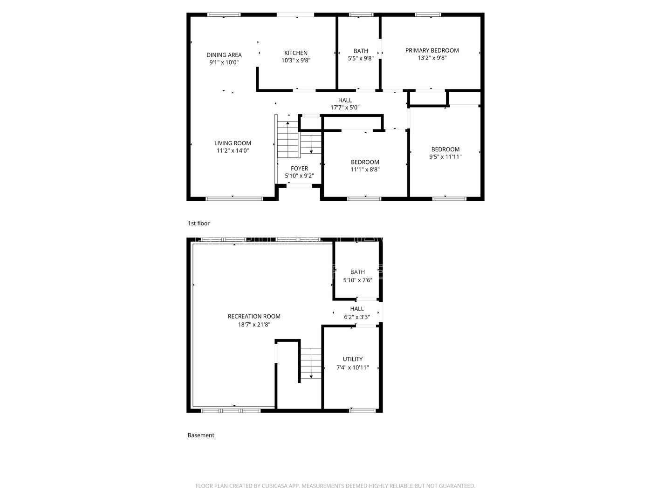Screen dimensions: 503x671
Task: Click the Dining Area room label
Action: coord(224,54)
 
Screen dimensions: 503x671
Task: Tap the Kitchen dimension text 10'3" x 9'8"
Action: coord(295,60)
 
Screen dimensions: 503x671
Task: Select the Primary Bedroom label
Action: coord(431,50)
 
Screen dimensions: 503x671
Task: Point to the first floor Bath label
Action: coord(360,51)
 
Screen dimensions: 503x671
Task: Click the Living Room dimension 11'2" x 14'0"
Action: coord(233,150)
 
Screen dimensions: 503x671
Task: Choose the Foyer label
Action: coord(299,168)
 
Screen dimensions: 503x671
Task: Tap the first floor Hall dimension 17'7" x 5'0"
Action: coord(345,108)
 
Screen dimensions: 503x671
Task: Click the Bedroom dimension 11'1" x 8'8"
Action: coord(365,170)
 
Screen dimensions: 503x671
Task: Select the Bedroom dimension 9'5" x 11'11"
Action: coord(445,157)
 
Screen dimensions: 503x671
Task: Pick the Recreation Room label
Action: coord(254,316)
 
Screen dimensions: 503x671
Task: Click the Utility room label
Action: coord(352,359)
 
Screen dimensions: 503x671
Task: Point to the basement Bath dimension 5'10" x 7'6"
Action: coord(357,280)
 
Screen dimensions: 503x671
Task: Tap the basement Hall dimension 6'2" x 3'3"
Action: coord(356,317)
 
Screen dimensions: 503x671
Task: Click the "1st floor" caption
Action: coord(199,224)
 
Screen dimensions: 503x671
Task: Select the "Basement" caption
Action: coord(201,435)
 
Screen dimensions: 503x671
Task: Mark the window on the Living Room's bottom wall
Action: coord(234,199)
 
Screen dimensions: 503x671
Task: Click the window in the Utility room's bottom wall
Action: coord(363,411)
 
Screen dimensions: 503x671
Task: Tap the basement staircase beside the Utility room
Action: coord(310,363)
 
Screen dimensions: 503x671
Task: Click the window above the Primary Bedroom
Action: coord(428,15)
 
